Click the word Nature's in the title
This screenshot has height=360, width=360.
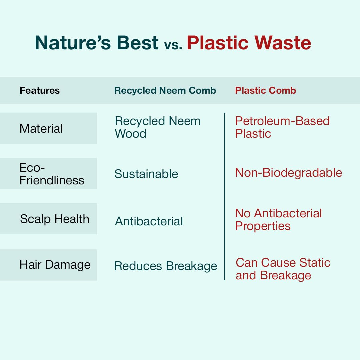click(x=73, y=43)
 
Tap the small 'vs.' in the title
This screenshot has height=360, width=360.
click(x=173, y=45)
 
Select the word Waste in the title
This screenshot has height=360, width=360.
click(x=283, y=43)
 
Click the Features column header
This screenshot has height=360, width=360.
click(x=40, y=90)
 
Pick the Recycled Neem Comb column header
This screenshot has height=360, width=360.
click(x=165, y=90)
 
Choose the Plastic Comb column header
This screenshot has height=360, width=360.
click(x=266, y=90)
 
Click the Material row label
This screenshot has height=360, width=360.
click(x=41, y=129)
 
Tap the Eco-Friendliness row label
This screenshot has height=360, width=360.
click(x=52, y=174)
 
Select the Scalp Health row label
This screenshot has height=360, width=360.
click(x=55, y=219)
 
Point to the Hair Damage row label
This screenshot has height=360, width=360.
click(x=55, y=265)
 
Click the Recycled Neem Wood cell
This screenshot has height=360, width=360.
click(x=157, y=127)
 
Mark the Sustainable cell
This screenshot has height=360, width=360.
click(x=146, y=174)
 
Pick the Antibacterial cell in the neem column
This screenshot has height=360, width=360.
click(x=149, y=221)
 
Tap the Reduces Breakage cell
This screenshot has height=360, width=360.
click(x=166, y=266)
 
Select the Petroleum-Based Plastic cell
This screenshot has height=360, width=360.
click(x=282, y=127)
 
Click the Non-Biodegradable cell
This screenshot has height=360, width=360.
click(x=289, y=173)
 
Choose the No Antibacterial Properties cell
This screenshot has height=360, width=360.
click(x=278, y=220)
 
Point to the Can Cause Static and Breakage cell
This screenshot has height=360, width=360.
click(x=283, y=269)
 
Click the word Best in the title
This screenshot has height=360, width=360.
click(x=138, y=43)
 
